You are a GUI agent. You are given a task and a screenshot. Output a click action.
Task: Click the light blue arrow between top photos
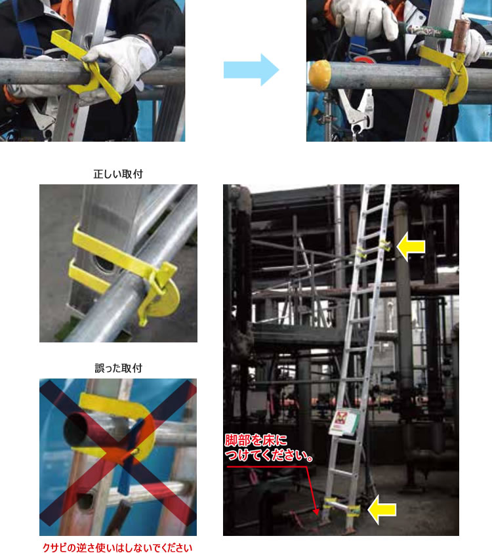[x=251, y=70]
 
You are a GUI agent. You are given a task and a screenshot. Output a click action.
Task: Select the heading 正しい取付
[x=118, y=174]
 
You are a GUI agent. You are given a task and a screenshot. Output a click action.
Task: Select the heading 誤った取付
[x=118, y=368]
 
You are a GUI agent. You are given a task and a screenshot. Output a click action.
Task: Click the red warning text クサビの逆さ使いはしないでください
[x=117, y=548]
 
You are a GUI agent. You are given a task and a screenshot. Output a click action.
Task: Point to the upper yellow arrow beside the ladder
[x=411, y=247]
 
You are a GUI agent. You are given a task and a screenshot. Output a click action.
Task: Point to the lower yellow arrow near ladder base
[x=382, y=509]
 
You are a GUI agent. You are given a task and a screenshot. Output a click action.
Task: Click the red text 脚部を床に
[x=256, y=440]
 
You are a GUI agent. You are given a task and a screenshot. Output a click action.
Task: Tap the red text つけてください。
[x=270, y=455]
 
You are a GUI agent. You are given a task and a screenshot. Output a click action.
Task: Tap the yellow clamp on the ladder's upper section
[x=373, y=248]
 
